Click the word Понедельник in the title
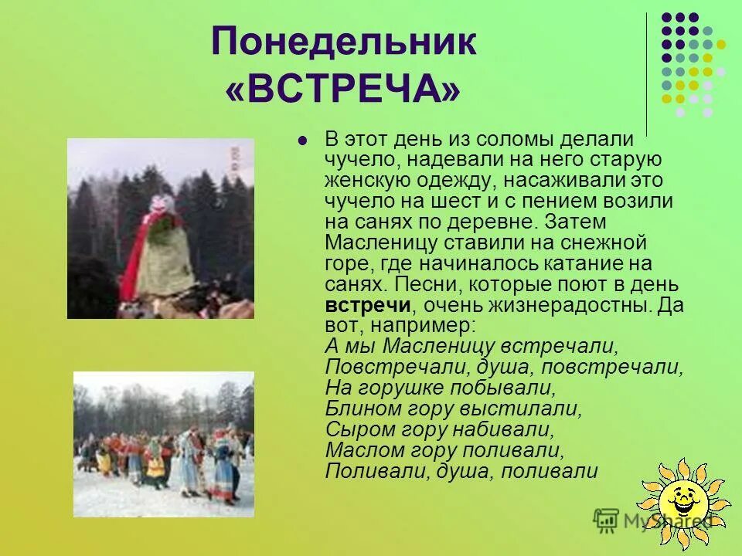pyautogui.click(x=344, y=43)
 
